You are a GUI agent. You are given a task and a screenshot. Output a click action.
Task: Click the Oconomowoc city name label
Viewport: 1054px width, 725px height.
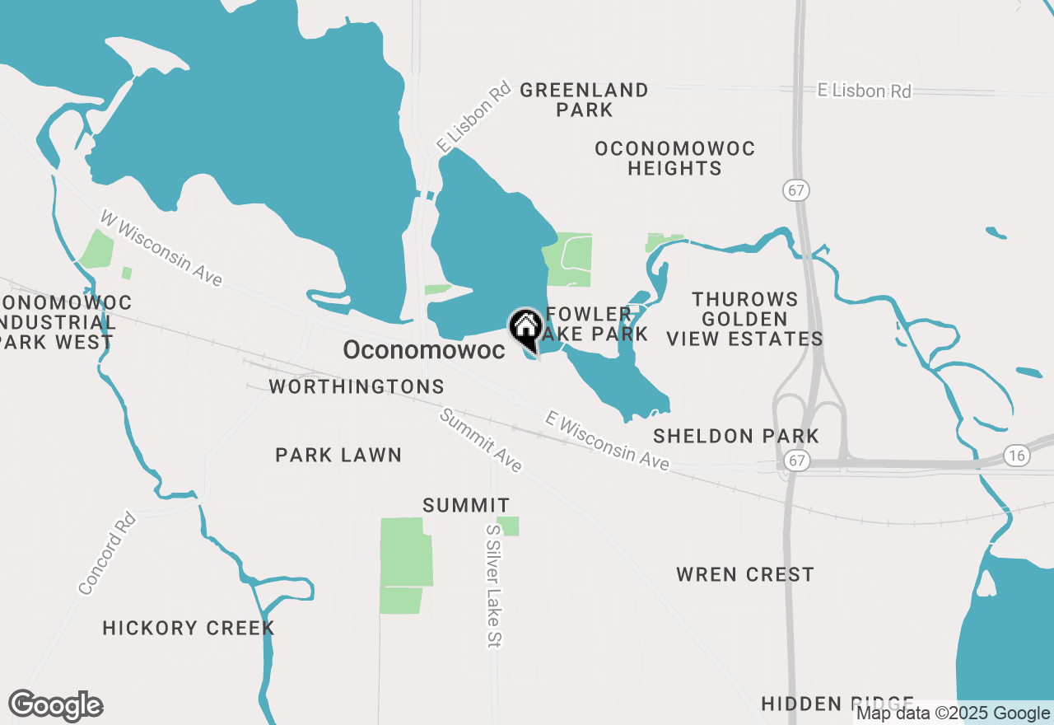(424, 350)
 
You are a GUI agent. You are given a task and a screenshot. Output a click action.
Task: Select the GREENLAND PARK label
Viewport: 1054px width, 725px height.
(585, 100)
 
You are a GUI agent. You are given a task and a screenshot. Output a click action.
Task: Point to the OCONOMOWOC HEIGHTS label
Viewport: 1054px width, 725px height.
(675, 158)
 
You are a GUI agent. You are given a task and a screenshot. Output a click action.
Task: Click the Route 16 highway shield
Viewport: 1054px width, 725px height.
(1018, 455)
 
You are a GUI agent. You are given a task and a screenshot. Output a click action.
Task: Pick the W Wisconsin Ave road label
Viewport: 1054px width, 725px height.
(161, 248)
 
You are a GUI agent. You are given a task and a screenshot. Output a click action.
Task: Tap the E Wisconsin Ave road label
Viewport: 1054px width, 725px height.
(607, 442)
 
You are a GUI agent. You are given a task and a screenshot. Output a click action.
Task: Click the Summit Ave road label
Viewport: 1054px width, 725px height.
(481, 441)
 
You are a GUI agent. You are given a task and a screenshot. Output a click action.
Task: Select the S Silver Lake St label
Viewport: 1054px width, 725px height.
(494, 586)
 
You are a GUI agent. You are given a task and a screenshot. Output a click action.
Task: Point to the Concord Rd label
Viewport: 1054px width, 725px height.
(107, 553)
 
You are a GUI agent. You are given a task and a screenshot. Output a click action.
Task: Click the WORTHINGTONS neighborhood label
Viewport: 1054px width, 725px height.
(357, 386)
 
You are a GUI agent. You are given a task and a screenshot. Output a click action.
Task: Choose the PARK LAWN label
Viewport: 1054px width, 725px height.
(338, 455)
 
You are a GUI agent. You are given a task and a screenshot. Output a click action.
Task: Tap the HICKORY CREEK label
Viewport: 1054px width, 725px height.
(189, 628)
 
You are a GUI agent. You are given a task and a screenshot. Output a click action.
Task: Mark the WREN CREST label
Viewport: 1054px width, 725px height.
(745, 574)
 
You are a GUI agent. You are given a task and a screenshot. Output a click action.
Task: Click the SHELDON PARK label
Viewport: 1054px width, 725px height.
(736, 436)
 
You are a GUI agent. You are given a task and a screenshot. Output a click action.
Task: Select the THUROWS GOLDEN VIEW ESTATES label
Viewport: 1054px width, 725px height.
(744, 319)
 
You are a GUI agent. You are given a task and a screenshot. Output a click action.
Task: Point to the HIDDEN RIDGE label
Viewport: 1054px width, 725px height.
(837, 704)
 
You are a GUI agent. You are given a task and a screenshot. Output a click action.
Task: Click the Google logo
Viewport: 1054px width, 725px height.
(55, 706)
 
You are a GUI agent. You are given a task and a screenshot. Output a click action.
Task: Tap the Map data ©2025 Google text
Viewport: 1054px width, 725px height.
(953, 713)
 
